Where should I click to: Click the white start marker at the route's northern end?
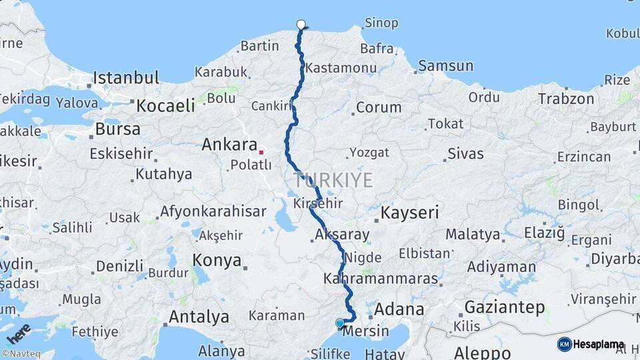301,25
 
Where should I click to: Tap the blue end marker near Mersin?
340,323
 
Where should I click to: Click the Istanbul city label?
126,77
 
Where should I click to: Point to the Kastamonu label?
337,67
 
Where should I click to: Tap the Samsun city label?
446,65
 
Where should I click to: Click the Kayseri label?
409,213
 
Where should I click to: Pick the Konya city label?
217,260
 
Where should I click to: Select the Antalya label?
199,316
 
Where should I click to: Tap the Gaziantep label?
504,307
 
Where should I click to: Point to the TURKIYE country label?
333,179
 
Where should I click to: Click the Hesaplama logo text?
598,345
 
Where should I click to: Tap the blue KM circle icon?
564,345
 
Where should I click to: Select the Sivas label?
465,153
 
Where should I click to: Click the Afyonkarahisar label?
213,212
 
